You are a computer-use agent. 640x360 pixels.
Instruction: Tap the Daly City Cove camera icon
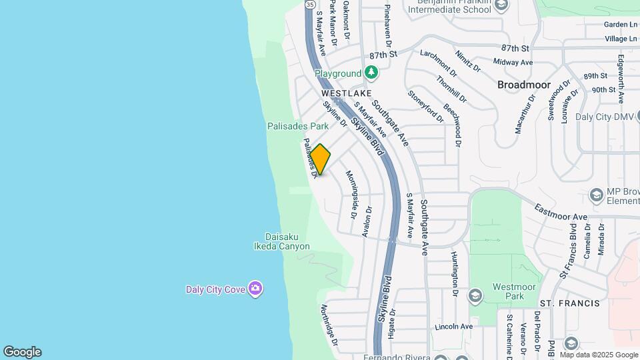255,289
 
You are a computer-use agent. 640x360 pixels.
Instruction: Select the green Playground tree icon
371,73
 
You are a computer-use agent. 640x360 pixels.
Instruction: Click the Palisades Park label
298,125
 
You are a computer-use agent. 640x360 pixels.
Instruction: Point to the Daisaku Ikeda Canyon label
287,241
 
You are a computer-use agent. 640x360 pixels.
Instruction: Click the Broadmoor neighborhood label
524,85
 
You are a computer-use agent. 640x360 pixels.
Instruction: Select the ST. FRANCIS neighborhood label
569,303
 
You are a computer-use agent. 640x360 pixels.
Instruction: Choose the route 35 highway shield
310,4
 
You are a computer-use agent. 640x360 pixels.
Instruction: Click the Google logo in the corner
22,352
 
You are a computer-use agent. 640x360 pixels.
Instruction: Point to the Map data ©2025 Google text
599,355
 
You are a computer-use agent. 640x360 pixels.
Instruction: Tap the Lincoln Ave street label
453,327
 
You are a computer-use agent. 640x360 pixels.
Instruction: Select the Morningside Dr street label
352,195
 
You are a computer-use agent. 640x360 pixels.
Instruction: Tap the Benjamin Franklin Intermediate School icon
502,5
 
